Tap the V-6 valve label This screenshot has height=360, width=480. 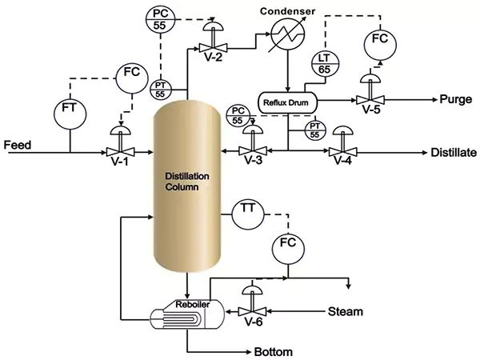pos(253,324)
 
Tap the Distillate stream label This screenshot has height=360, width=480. pos(453,152)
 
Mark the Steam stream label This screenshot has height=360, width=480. pos(346,310)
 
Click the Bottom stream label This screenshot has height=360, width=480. pos(274,351)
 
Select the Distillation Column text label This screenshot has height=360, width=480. pos(186,182)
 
